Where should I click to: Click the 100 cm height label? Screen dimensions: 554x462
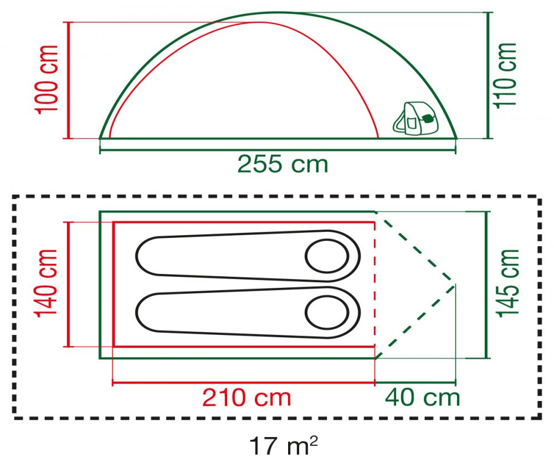coord(47,80)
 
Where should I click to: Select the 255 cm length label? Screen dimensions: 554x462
coord(283,164)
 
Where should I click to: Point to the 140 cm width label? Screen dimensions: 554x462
coord(45,282)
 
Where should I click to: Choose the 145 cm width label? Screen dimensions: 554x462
coord(507,283)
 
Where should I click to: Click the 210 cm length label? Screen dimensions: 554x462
coord(247,398)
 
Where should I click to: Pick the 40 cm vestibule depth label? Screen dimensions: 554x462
coord(423,397)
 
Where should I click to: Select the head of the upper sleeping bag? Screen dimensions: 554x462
coord(327,256)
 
